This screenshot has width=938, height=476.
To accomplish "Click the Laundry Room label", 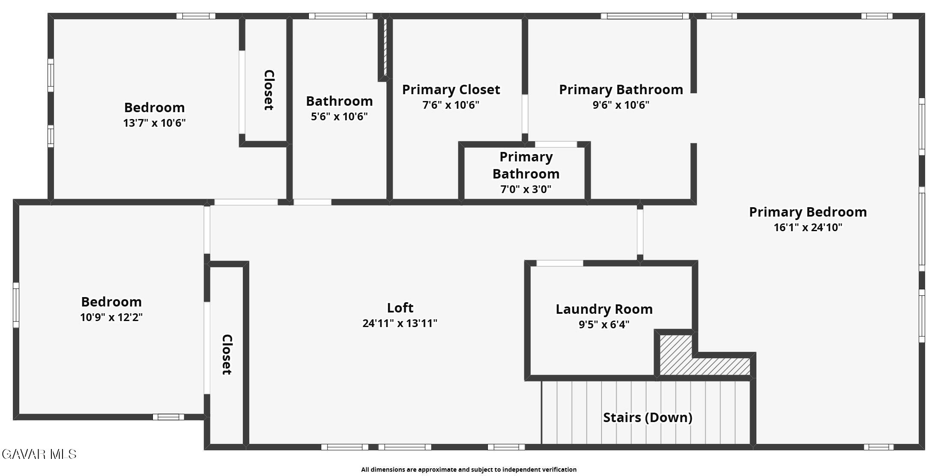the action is [x=604, y=309].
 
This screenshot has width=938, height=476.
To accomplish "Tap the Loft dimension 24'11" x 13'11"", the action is [x=400, y=323].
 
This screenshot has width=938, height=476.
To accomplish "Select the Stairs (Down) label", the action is [x=648, y=417].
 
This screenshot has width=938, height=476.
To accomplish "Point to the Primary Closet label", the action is [x=451, y=89].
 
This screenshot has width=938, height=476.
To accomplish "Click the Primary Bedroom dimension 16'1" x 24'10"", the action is [x=808, y=227].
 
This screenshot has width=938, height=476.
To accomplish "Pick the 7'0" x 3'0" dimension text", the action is [x=526, y=189].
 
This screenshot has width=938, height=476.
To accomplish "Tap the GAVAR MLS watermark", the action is [x=39, y=454].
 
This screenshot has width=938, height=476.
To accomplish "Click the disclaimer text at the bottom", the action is [x=469, y=470].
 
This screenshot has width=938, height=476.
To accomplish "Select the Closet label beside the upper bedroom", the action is [x=269, y=90].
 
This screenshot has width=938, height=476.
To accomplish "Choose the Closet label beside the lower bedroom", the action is [x=227, y=354].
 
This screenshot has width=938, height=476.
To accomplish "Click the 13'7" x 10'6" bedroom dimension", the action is [x=154, y=123].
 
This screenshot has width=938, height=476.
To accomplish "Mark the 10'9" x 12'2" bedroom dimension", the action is [x=111, y=318].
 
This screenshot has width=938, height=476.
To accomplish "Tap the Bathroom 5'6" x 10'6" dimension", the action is [x=339, y=117].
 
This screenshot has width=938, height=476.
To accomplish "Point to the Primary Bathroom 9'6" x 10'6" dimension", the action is [x=621, y=105].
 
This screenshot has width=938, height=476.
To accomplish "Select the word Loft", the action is [x=400, y=308].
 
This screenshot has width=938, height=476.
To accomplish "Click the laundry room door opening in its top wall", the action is [x=560, y=263].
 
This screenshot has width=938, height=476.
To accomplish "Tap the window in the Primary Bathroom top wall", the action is [x=645, y=16].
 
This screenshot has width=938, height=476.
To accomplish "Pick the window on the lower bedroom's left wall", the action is [x=16, y=305].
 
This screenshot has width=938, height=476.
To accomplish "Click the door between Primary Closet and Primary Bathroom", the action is [x=525, y=114].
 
